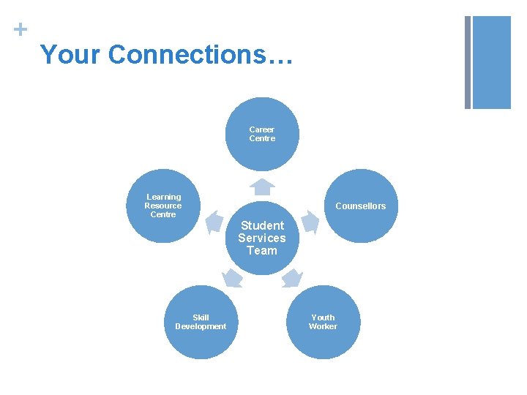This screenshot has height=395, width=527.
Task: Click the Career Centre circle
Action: pyautogui.click(x=261, y=134)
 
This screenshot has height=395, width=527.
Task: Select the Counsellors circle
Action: pyautogui.click(x=360, y=206)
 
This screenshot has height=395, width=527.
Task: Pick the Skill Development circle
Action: pyautogui.click(x=201, y=322)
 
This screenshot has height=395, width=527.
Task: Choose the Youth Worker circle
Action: pyautogui.click(x=323, y=322)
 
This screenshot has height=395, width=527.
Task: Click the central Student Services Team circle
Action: pyautogui.click(x=261, y=238)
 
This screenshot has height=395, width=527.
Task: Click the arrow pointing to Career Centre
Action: pyautogui.click(x=261, y=187)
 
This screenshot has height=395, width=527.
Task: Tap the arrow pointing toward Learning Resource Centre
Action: pyautogui.click(x=213, y=221)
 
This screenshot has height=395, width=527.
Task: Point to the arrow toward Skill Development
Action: pyautogui.click(x=232, y=277)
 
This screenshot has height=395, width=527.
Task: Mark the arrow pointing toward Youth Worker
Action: pyautogui.click(x=292, y=277)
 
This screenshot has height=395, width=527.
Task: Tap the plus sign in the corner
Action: pyautogui.click(x=21, y=30)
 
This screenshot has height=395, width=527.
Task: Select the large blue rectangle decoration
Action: pyautogui.click(x=492, y=62)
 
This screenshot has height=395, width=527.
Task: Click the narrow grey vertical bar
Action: pyautogui.click(x=468, y=62)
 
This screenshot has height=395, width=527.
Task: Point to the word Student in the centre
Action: pyautogui.click(x=262, y=225)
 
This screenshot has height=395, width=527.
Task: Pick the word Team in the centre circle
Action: pyautogui.click(x=262, y=251)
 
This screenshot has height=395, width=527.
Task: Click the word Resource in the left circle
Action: pyautogui.click(x=163, y=206)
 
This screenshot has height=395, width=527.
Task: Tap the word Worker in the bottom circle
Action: pyautogui.click(x=323, y=326)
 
